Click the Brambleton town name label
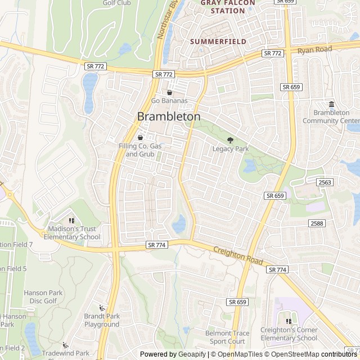[x=169, y=116]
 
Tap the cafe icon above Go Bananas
[x=169, y=92]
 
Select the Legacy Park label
[x=230, y=149]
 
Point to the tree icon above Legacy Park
[x=229, y=140]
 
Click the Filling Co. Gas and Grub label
[x=139, y=150]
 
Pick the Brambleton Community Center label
[x=331, y=116]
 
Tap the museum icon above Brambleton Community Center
[x=331, y=104]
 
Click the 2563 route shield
[x=325, y=182]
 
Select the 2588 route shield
[x=317, y=223]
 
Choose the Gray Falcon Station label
[x=227, y=6]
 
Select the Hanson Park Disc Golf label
[x=40, y=297]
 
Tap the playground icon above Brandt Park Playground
[x=102, y=308]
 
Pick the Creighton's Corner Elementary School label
[x=289, y=334]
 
